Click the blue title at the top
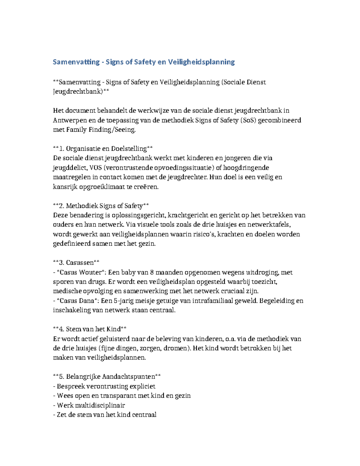[144, 62]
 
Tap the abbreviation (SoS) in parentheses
[247, 120]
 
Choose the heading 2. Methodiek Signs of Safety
[101, 206]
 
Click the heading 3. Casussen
[76, 263]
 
